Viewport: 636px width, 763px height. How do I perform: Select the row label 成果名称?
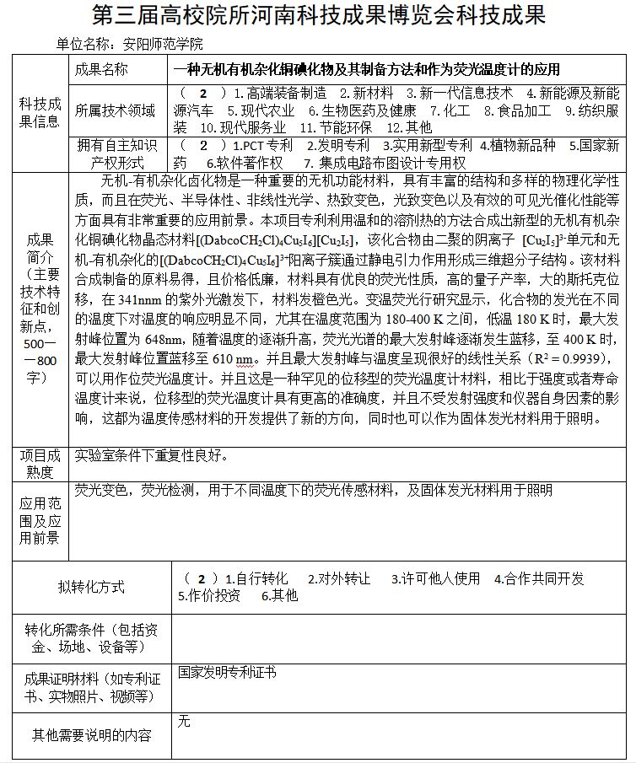(x=101, y=69)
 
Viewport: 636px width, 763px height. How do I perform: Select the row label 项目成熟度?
(x=39, y=463)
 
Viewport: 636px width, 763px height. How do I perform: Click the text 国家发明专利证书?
(x=226, y=673)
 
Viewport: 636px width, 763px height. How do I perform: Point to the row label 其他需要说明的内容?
(x=91, y=735)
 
